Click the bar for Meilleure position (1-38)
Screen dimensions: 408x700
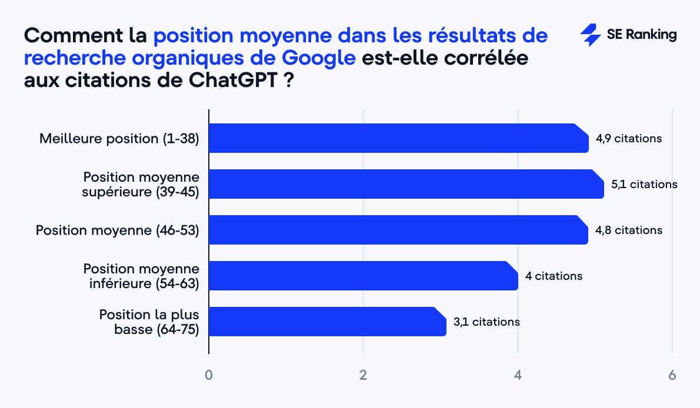click(x=399, y=138)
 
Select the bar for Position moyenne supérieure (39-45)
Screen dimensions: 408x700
click(x=406, y=184)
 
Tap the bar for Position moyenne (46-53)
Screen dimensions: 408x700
click(x=398, y=230)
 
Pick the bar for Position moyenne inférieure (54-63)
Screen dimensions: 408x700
click(x=363, y=276)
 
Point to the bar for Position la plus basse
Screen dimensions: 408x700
click(x=327, y=322)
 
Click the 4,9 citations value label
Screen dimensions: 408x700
click(x=628, y=139)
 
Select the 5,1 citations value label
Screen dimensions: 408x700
click(x=644, y=184)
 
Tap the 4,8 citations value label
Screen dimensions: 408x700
click(x=628, y=230)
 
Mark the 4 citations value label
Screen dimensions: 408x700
click(x=554, y=276)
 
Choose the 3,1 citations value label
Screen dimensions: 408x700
click(x=486, y=322)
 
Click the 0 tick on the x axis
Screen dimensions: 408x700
click(x=209, y=375)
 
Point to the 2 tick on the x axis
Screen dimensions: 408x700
click(x=364, y=375)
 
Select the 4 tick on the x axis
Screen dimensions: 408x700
click(x=518, y=375)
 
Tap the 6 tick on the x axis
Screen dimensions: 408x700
click(x=672, y=375)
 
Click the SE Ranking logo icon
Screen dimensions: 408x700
click(x=590, y=35)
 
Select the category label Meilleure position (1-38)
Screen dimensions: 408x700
click(x=119, y=139)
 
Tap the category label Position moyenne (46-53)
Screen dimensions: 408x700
click(x=118, y=230)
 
